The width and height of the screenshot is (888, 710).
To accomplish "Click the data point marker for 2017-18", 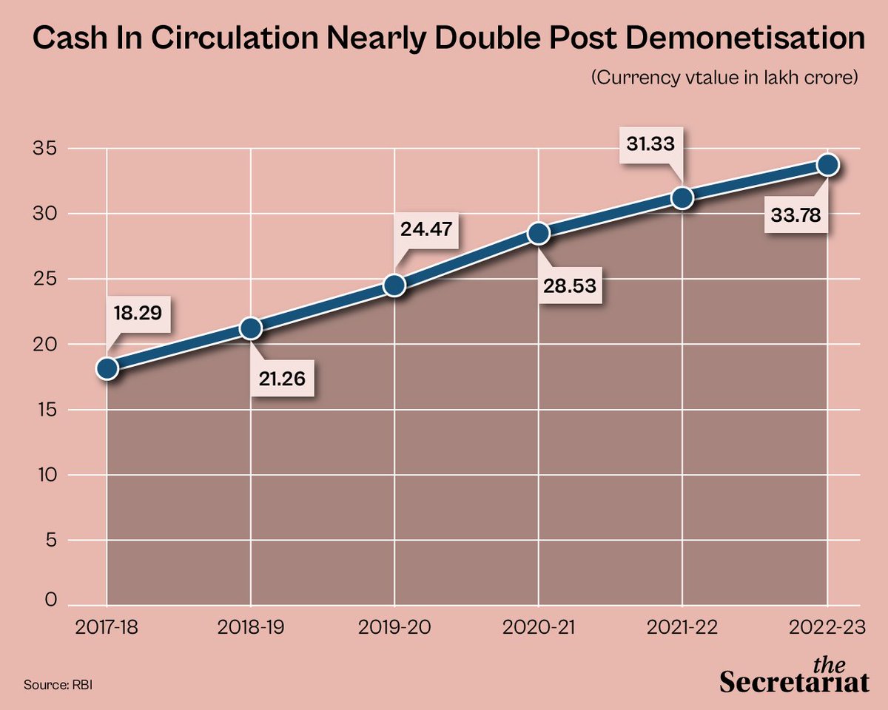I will [107, 368].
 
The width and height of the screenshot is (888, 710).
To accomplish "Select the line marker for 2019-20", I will [394, 285].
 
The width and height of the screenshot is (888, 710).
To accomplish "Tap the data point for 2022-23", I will [827, 164].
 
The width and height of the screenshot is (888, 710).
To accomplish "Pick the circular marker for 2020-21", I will [539, 234].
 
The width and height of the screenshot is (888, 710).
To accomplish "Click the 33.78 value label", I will [795, 217].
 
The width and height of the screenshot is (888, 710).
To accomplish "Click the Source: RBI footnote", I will [58, 685].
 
